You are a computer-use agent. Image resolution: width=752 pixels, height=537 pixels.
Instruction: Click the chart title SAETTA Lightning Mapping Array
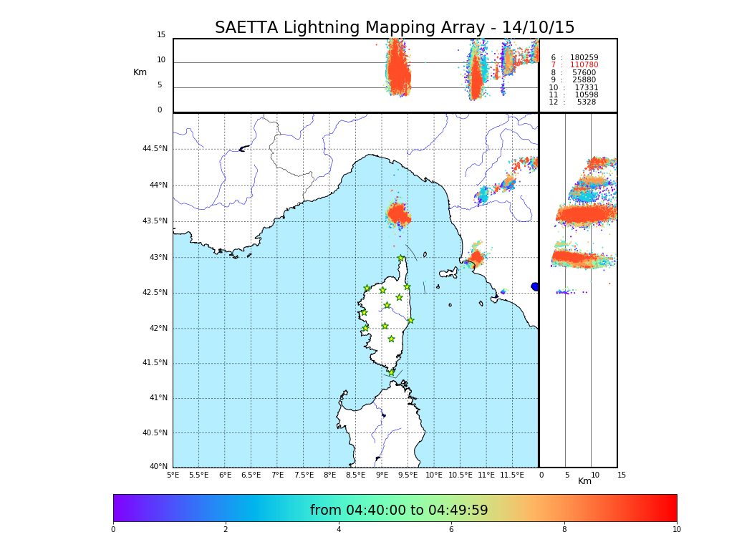pyautogui.click(x=395, y=28)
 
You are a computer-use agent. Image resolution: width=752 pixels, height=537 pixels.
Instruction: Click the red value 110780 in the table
pyautogui.click(x=584, y=65)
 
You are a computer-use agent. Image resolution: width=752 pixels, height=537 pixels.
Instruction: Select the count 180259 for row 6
pyautogui.click(x=584, y=58)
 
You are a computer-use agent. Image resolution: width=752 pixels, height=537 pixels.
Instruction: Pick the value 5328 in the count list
pyautogui.click(x=586, y=102)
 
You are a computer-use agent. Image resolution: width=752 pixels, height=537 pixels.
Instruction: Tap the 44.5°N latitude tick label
pyautogui.click(x=155, y=149)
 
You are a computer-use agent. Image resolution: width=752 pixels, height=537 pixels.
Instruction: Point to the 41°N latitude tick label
pyautogui.click(x=158, y=398)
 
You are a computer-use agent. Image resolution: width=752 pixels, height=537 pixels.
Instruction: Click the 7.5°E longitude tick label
pyautogui.click(x=304, y=475)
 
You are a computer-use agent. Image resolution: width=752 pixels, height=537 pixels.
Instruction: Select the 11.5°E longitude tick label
pyautogui.click(x=512, y=475)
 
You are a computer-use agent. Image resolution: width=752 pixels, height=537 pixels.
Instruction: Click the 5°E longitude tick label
pyautogui.click(x=173, y=475)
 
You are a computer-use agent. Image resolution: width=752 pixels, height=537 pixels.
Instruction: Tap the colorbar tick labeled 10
pyautogui.click(x=676, y=530)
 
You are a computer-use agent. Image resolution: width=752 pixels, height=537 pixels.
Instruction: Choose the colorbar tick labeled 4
pyautogui.click(x=339, y=530)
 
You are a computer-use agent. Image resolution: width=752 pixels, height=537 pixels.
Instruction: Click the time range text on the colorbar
pyautogui.click(x=399, y=511)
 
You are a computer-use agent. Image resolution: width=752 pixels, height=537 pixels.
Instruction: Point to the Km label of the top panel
pyautogui.click(x=140, y=72)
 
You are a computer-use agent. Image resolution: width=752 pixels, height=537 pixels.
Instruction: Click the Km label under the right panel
pyautogui.click(x=584, y=481)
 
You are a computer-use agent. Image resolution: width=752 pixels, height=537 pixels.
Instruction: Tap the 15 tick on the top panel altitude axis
pyautogui.click(x=161, y=35)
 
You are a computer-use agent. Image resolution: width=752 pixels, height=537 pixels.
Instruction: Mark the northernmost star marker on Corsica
pyautogui.click(x=401, y=258)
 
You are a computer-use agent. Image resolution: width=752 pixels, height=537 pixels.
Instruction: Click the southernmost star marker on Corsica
pyautogui.click(x=391, y=372)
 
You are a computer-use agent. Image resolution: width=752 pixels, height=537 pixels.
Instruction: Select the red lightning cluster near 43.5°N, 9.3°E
pyautogui.click(x=398, y=215)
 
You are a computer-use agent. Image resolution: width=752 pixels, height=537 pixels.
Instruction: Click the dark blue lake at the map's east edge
pyautogui.click(x=535, y=286)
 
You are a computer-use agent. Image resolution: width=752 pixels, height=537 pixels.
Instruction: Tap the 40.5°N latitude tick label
pyautogui.click(x=155, y=433)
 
